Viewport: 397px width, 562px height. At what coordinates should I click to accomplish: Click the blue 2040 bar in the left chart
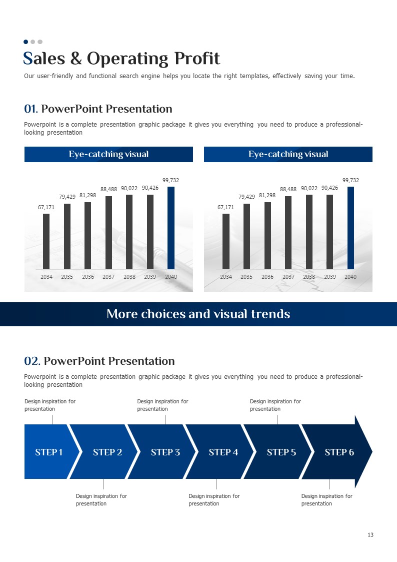tap(171, 228)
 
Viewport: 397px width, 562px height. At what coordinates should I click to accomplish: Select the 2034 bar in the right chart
tap(226, 242)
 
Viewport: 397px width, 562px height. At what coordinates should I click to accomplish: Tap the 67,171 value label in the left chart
tap(46, 207)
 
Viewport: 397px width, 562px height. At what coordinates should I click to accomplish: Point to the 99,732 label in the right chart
tap(350, 180)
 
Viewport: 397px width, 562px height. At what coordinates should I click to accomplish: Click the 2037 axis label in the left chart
tap(108, 277)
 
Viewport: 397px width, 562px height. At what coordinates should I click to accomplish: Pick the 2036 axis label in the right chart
tap(267, 277)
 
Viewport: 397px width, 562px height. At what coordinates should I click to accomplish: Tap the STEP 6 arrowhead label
tap(339, 452)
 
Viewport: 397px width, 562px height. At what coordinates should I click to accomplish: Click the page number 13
tap(370, 535)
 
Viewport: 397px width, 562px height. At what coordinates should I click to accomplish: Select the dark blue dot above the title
tap(26, 42)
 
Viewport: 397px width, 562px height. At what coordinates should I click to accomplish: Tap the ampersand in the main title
tap(76, 59)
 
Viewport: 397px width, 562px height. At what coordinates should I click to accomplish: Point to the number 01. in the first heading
tap(31, 109)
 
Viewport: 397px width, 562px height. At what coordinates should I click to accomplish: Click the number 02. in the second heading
tap(32, 361)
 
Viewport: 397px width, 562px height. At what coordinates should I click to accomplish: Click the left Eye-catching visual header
tap(108, 154)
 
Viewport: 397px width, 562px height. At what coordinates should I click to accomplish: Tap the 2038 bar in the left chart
tap(129, 232)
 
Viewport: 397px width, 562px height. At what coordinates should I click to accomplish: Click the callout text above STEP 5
tap(275, 405)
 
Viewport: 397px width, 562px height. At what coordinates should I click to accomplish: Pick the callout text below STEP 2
tap(101, 499)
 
